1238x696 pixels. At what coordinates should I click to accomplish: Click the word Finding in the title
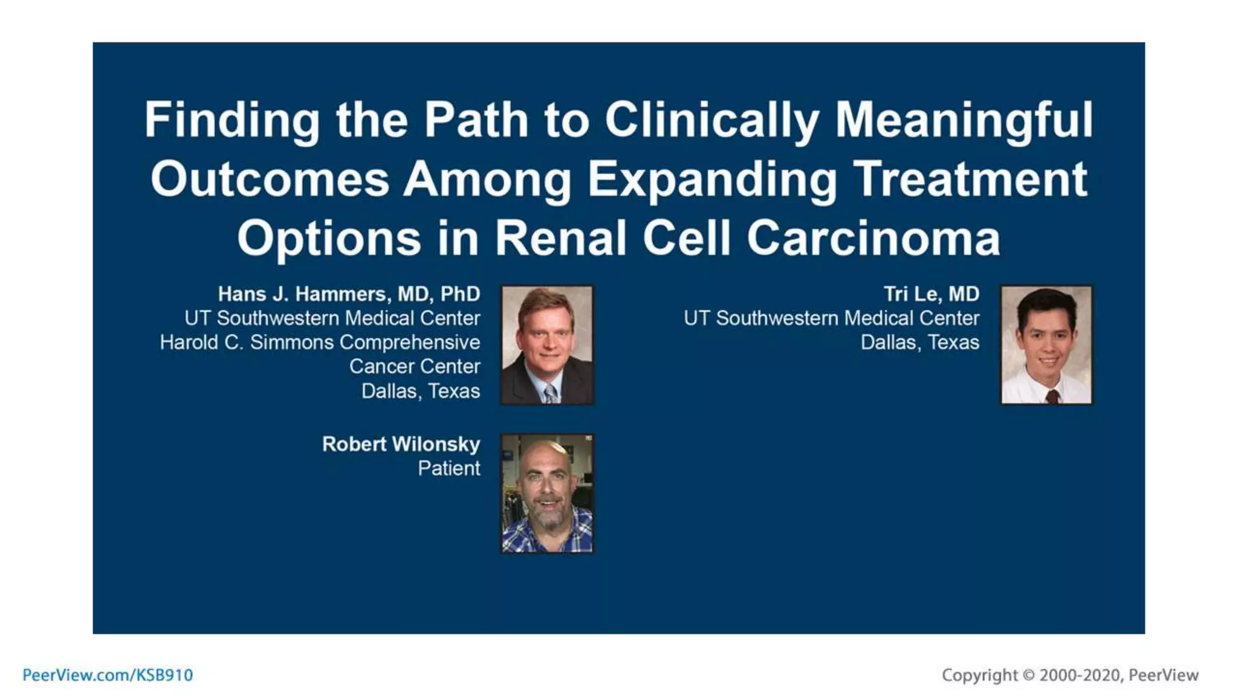point(232,120)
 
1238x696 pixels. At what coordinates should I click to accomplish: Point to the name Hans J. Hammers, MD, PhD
point(349,294)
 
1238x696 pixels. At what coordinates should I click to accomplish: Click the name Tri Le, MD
point(931,294)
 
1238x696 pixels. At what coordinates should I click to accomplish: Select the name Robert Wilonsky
point(401,444)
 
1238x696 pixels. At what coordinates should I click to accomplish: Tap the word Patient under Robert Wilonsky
point(449,468)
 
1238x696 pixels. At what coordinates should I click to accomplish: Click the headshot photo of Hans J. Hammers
point(547,345)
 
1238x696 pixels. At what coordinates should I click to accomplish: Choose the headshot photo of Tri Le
point(1046,345)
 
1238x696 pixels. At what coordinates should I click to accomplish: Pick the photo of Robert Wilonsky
point(547,493)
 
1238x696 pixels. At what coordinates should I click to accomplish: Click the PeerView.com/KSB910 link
point(108,675)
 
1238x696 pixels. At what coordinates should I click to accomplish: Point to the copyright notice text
point(1070,675)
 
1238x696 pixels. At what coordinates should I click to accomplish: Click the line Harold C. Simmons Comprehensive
point(320,343)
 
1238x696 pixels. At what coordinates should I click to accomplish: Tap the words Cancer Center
point(414,367)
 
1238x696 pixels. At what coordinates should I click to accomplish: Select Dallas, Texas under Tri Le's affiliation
point(919,343)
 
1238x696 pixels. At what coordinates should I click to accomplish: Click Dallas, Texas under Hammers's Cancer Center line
point(420,391)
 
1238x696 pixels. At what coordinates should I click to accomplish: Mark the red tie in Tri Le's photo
point(1052,396)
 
